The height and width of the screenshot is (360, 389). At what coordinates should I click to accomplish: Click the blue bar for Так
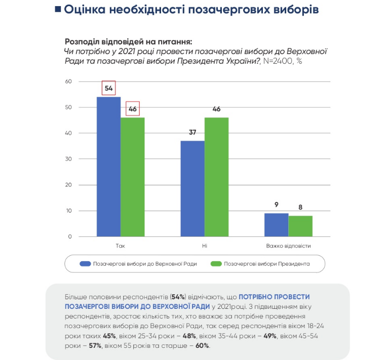pos(108,167)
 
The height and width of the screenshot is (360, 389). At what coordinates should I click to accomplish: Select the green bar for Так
pos(133,177)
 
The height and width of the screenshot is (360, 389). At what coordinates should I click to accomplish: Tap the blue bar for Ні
pos(192,188)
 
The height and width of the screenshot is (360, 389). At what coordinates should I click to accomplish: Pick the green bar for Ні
pos(216,177)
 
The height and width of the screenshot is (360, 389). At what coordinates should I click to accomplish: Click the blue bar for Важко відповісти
pos(276,225)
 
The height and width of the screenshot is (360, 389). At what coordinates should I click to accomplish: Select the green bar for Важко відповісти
pos(300,226)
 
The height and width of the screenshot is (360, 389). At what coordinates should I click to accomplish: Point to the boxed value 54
pos(108,88)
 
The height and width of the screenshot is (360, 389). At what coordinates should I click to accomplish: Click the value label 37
pos(192,133)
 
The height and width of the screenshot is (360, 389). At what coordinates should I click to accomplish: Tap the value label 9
pos(277,205)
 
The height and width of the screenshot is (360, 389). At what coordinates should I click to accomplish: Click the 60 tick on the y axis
pos(69,82)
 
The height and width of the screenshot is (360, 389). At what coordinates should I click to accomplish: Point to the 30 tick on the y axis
pos(69,159)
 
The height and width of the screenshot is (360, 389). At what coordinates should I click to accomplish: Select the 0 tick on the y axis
pos(70,236)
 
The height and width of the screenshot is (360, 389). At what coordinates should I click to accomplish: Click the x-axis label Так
pos(121,246)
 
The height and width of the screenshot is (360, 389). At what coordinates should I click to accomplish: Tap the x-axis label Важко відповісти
pos(288,246)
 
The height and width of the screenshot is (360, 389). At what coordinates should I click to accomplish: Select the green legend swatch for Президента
pos(216,264)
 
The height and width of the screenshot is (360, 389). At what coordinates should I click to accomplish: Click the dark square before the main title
pos(57,10)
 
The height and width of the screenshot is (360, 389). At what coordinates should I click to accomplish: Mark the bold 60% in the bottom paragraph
pos(202,345)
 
